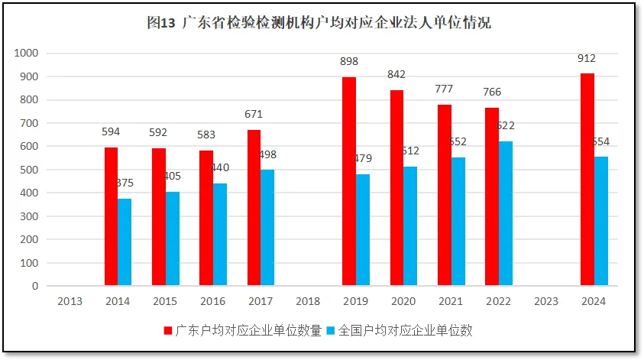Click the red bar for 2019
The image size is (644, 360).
coord(348,181)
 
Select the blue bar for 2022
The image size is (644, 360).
coord(504,213)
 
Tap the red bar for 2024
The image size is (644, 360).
coord(587,180)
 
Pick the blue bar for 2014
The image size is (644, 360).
coord(125,242)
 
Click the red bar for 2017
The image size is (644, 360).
coord(254,208)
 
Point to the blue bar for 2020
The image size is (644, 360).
coord(410,226)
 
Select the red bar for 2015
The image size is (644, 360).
coord(158,217)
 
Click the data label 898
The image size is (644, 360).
coord(349,61)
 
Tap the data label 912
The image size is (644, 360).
coord(587,58)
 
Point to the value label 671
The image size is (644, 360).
coord(254,114)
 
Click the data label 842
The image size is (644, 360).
coord(396,74)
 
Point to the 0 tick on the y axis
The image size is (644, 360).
coord(34,286)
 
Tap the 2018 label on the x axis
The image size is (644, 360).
coord(308,301)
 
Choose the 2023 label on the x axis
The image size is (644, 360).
coord(545,301)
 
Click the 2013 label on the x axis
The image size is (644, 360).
coord(70,301)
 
